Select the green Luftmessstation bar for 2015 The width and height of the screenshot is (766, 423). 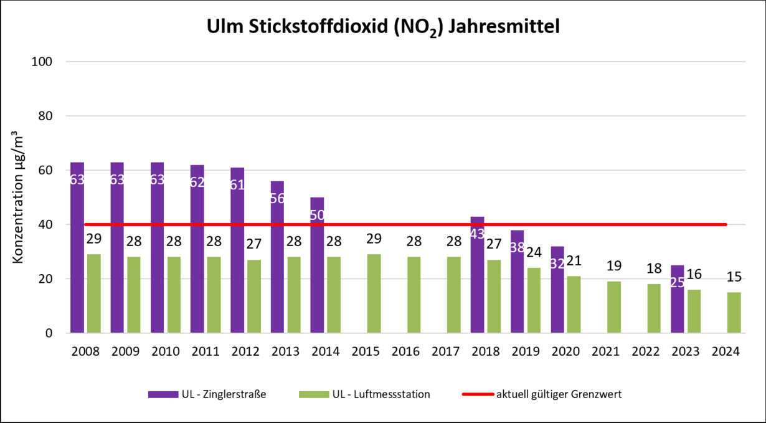[x=374, y=293]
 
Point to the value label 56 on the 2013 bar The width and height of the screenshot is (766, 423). [x=277, y=199]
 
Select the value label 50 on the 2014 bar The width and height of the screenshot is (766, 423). [x=317, y=215]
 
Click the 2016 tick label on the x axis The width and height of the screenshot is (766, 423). [x=406, y=351]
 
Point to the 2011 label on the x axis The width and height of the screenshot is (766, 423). [x=206, y=351]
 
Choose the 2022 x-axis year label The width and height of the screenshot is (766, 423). [x=646, y=351]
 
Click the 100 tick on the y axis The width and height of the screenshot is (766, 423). [x=49, y=62]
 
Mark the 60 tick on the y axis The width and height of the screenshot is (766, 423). [x=52, y=170]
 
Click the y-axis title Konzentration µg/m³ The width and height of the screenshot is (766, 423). [x=18, y=197]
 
